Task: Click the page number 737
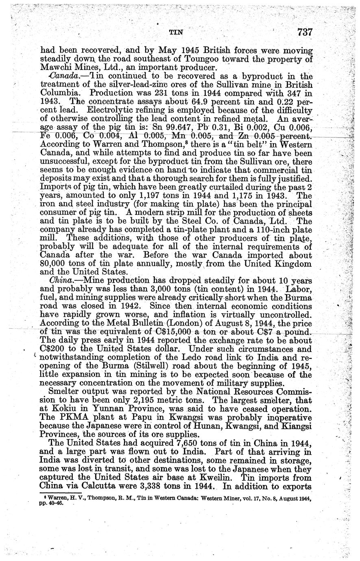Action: (304, 32)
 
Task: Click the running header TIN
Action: (175, 33)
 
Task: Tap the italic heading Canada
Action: (61, 76)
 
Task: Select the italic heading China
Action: (59, 280)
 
